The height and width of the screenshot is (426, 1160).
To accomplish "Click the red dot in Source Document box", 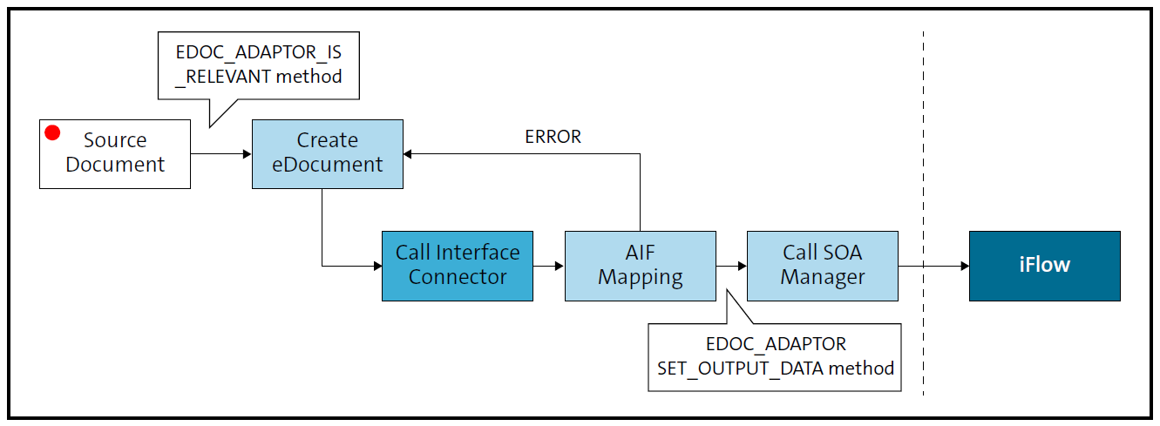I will (52, 132).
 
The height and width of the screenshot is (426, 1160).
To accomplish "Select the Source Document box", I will (115, 153).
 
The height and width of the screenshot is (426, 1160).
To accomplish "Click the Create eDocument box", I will (327, 153).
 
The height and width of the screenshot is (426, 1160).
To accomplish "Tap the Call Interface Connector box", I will (457, 265).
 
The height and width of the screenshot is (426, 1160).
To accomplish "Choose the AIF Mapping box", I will (640, 265).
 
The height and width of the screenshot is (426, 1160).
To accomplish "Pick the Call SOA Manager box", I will (822, 265).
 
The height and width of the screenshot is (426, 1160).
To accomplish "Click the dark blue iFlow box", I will (1044, 265).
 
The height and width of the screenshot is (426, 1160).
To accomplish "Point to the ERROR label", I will (553, 137).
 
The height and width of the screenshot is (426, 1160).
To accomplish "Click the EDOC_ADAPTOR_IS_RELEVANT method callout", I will (258, 64).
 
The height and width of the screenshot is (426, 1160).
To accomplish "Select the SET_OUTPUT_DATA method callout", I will (775, 357).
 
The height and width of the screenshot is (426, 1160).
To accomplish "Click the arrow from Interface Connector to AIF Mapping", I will (548, 266).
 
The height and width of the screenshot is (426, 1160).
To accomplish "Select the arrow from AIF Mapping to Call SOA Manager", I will (731, 266).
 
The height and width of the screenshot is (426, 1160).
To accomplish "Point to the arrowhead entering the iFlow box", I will (963, 266).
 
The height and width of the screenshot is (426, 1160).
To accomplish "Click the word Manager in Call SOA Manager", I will (822, 278).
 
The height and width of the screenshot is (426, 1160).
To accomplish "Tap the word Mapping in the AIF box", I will (640, 278).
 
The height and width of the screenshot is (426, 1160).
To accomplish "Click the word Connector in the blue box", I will (457, 278).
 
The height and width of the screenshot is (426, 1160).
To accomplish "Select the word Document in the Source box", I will (115, 165).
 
